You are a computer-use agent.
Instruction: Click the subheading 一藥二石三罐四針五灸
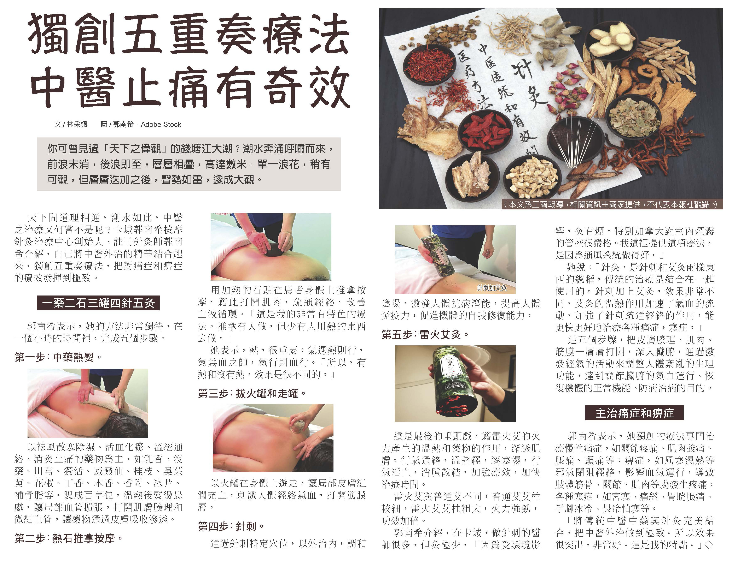pyautogui.click(x=98, y=303)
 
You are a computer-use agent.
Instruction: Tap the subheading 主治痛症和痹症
pyautogui.click(x=634, y=413)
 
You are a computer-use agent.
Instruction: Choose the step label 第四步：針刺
pyautogui.click(x=231, y=527)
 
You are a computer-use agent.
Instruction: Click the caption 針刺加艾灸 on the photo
pyautogui.click(x=492, y=288)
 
